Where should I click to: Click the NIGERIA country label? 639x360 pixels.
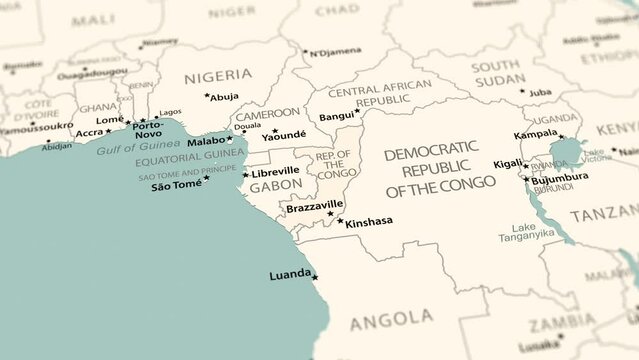[218, 75]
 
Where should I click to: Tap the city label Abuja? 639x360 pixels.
[225, 97]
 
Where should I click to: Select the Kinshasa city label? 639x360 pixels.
[369, 222]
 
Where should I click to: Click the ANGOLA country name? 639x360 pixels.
[391, 319]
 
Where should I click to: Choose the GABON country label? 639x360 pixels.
[275, 187]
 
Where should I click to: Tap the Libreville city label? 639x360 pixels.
[275, 172]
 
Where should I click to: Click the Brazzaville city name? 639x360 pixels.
[315, 207]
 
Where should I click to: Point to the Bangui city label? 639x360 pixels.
[335, 117]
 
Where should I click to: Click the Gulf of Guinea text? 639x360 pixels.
[136, 149]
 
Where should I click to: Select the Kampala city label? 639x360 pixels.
[535, 134]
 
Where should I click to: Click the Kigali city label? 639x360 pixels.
[507, 164]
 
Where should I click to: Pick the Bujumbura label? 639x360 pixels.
[560, 178]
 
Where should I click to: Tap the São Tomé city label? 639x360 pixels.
[175, 186]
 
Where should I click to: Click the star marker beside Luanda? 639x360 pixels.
[315, 278]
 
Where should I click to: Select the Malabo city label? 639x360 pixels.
[206, 141]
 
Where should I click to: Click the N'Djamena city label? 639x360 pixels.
[334, 52]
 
